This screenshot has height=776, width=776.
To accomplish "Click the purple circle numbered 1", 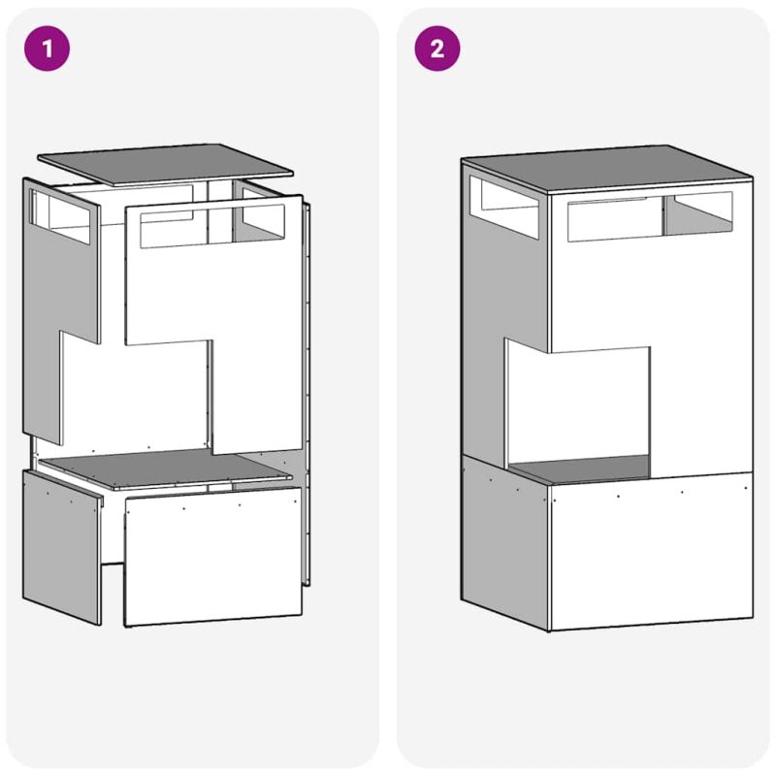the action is tap(47, 48).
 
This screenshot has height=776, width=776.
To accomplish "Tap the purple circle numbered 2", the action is tap(437, 48).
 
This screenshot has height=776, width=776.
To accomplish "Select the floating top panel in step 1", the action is tap(165, 164).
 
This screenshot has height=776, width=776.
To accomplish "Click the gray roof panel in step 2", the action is tap(607, 168).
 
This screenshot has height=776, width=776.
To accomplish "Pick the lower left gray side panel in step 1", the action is tap(62, 546).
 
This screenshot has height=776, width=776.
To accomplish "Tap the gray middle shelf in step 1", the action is tap(165, 469).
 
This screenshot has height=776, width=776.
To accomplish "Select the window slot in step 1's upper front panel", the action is tap(212, 226).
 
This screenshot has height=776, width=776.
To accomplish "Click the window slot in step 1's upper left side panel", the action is tap(61, 216).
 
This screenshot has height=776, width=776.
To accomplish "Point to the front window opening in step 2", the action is tap(650, 216).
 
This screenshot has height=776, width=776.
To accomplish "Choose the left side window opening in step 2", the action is tap(504, 208).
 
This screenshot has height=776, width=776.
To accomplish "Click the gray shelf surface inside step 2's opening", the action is tap(580, 469).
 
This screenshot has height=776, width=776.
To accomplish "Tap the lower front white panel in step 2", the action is tap(651, 551).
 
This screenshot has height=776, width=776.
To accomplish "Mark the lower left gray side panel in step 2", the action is tap(504, 542).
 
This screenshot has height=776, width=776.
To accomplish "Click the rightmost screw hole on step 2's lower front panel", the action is tap(746, 488).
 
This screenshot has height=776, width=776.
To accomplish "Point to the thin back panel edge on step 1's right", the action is tap(307, 394).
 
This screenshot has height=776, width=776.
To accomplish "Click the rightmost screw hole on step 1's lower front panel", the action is tap(296, 501).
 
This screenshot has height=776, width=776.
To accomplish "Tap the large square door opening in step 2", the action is tap(579, 410).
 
